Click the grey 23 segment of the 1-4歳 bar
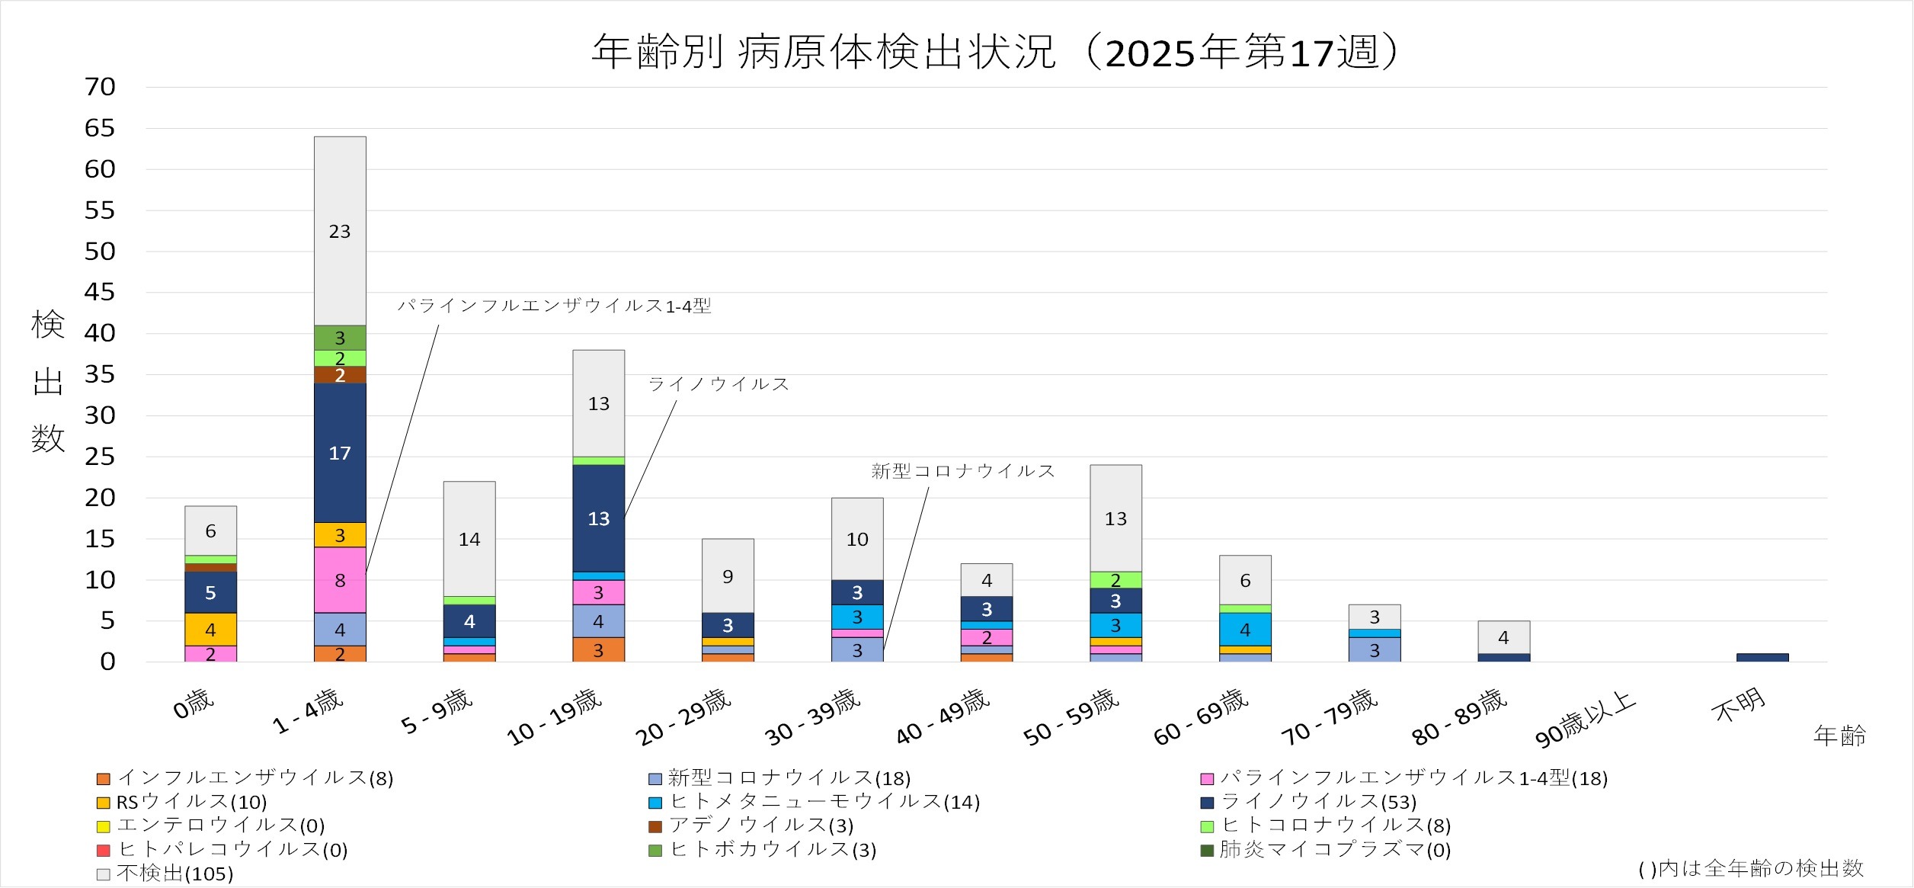tap(340, 231)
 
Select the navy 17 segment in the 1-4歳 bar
tap(340, 453)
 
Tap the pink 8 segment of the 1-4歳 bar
tap(340, 580)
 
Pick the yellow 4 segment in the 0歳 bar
tap(210, 630)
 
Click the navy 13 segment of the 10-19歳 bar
tap(598, 518)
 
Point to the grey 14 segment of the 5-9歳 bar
tap(469, 539)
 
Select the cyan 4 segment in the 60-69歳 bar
tap(1245, 630)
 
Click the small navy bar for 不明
tap(1762, 657)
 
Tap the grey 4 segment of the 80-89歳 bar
tap(1503, 637)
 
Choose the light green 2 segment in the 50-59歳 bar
tap(1115, 580)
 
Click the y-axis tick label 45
tap(100, 292)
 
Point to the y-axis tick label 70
tap(100, 87)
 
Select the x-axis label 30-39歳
tap(812, 716)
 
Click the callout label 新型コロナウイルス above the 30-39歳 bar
tap(962, 471)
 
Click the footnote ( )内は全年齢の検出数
tap(1751, 868)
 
